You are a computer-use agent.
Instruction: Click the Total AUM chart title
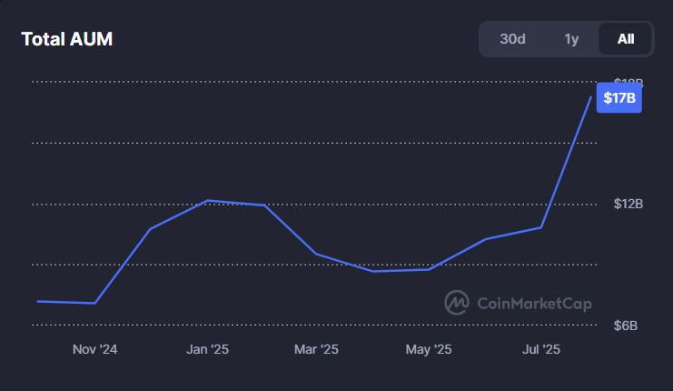(x=66, y=39)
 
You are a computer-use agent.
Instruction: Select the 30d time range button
(x=512, y=39)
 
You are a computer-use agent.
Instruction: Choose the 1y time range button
(x=571, y=39)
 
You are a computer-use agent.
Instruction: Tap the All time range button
(x=626, y=39)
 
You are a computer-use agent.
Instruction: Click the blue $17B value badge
(x=619, y=98)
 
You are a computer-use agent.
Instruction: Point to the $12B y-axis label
(x=628, y=204)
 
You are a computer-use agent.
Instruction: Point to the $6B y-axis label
(x=628, y=326)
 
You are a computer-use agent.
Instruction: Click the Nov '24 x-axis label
(x=94, y=349)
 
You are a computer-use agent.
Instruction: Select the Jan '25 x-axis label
(x=207, y=349)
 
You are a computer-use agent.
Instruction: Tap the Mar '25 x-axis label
(x=316, y=349)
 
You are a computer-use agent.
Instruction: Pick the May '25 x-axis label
(x=429, y=349)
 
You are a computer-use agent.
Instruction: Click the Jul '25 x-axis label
(x=541, y=349)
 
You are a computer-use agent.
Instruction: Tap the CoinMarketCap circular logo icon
(x=456, y=302)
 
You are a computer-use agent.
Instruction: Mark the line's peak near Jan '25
(x=208, y=200)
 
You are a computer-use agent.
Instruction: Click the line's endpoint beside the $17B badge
(x=591, y=97)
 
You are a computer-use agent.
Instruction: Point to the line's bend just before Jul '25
(x=541, y=227)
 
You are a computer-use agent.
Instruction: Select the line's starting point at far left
(x=38, y=301)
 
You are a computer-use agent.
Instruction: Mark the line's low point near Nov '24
(x=94, y=303)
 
